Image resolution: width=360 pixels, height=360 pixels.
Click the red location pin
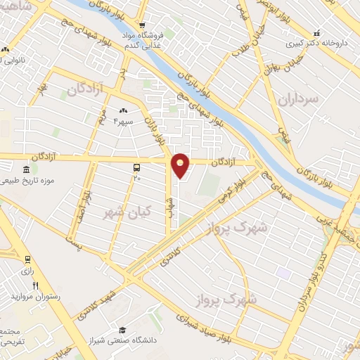coord(181,165)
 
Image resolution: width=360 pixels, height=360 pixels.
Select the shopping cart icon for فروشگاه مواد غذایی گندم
coord(142,24)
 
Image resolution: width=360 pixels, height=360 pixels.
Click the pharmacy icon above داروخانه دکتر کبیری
coord(317,32)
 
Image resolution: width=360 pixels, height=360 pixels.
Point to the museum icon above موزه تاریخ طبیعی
coord(26,171)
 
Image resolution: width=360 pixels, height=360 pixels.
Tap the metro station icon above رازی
coord(27,259)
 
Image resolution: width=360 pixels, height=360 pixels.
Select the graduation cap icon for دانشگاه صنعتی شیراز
coord(122,330)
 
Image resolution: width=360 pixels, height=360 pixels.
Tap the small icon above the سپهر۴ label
coord(124,110)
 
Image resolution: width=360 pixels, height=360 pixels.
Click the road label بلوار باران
coord(155,127)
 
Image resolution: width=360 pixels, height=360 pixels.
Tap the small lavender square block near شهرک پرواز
coord(283,271)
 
